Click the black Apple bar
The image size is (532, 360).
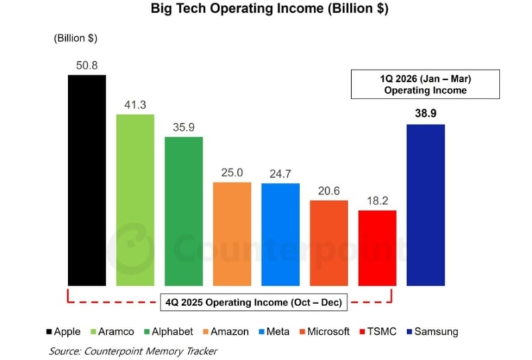pyautogui.click(x=86, y=180)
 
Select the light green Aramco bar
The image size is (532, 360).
pyautogui.click(x=135, y=200)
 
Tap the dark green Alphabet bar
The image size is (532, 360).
pyautogui.click(x=184, y=211)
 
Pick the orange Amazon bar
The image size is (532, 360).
pyautogui.click(x=232, y=234)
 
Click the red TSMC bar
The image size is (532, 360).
pyautogui.click(x=377, y=248)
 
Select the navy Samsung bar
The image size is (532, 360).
pyautogui.click(x=426, y=205)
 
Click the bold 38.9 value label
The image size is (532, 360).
pyautogui.click(x=426, y=114)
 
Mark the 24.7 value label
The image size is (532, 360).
pyautogui.click(x=281, y=173)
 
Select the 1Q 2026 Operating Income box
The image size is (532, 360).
pyautogui.click(x=426, y=84)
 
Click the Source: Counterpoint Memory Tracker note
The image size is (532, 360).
pyautogui.click(x=133, y=351)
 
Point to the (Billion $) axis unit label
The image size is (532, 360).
pyautogui.click(x=75, y=38)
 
